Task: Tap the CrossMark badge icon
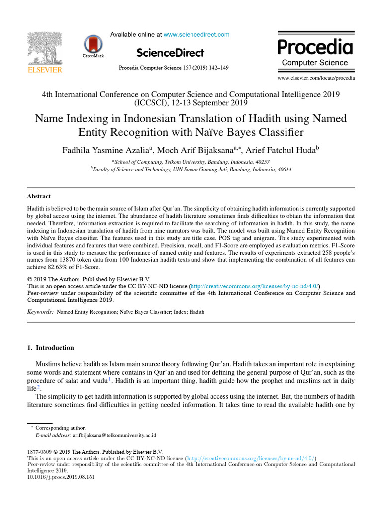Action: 94,46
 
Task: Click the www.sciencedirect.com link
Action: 196,35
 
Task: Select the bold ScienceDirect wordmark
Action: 170,53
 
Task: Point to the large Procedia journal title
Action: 315,47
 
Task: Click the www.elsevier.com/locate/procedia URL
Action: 316,78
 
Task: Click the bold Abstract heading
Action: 38,196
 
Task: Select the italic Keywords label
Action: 40,312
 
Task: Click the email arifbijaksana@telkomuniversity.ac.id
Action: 114,435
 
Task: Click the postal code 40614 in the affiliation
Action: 283,169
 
